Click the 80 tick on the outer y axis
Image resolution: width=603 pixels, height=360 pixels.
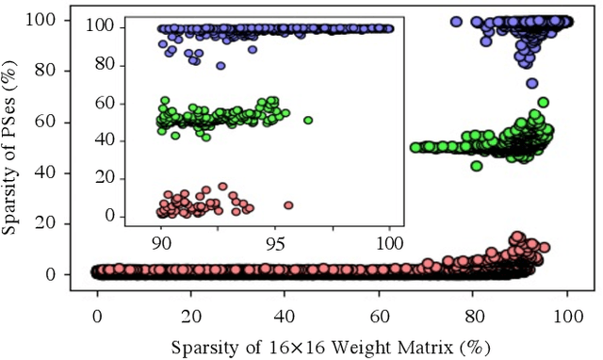(58, 71)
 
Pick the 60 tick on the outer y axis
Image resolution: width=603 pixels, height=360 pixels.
(58, 122)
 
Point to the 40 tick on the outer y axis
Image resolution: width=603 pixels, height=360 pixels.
(58, 172)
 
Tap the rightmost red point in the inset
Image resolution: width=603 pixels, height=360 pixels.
(288, 205)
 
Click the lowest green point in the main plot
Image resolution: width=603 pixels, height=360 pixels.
(477, 166)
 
